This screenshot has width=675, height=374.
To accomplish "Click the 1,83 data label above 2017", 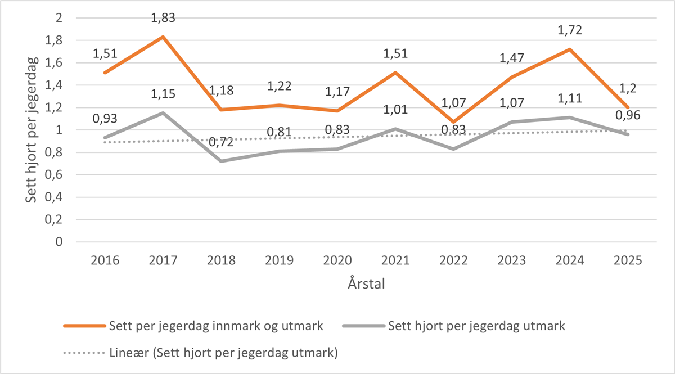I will tap(163, 18).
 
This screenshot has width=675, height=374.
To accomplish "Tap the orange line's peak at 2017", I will tap(163, 37).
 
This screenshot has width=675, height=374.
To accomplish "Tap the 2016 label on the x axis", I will tap(104, 262).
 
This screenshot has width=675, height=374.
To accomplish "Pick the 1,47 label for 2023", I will tap(511, 58).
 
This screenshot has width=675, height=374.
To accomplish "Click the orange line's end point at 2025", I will tap(629, 107).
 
